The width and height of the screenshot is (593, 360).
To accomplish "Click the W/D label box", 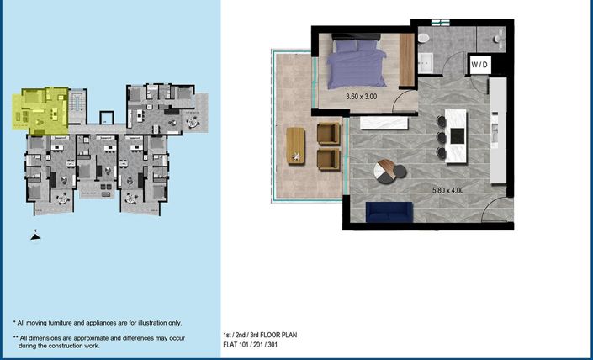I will (x=479, y=65).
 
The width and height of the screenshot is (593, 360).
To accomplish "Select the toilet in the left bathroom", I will (x=425, y=40).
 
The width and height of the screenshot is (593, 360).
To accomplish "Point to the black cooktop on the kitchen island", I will (x=458, y=135).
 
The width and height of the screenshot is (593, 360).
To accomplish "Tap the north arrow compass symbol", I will (x=34, y=236).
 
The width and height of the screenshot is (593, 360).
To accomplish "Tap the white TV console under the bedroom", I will (x=384, y=123).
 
